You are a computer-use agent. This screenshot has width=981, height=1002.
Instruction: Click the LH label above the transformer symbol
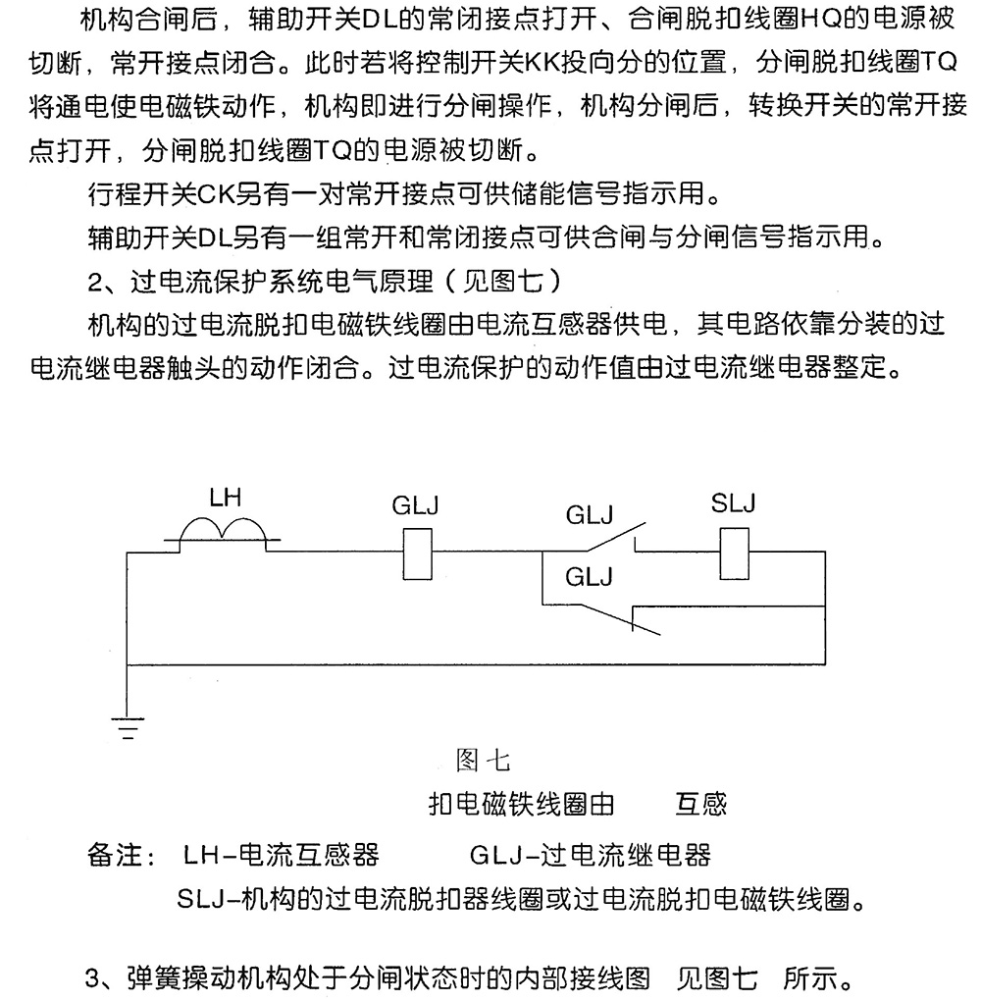225,499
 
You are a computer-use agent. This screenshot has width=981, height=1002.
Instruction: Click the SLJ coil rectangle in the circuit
733,554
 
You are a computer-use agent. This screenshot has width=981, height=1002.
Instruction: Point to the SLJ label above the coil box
733,504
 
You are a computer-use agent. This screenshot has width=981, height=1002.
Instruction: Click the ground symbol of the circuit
126,727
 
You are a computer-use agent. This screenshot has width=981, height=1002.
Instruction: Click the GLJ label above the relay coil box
415,506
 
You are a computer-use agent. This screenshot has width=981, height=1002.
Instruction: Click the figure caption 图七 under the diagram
483,760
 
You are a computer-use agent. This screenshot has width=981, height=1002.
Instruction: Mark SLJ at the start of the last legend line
203,898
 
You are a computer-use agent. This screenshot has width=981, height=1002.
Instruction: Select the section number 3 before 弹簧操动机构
94,978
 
